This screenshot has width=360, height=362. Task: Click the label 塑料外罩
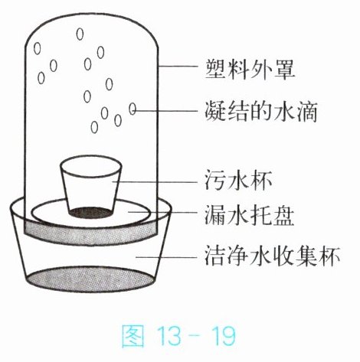point(250,69)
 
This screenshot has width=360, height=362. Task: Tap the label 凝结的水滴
point(261,112)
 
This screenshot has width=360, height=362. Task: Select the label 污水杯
point(238,181)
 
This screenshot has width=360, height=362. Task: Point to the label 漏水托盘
point(249,216)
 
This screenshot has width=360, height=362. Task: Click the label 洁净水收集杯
point(272,256)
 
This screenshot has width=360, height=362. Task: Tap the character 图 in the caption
point(133,335)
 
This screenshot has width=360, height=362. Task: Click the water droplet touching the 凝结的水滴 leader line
point(133,109)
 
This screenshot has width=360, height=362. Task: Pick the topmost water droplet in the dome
point(80,34)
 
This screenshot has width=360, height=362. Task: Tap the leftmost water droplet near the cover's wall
point(38,48)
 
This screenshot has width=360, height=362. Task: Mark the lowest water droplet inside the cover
point(94,127)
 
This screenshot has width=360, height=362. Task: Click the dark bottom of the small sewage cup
point(91,213)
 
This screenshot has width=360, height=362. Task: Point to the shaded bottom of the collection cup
point(91,279)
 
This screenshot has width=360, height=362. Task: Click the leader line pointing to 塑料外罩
point(178,67)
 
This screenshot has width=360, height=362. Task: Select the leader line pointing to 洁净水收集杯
point(166,257)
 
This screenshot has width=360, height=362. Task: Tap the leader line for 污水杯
point(155,181)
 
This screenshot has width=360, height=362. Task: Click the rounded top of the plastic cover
point(91,13)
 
